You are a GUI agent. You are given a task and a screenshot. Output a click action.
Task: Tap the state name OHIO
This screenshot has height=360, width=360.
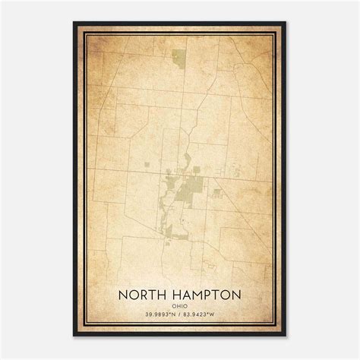pyautogui.click(x=179, y=305)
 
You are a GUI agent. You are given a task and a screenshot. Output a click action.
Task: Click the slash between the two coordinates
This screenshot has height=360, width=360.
pyautogui.click(x=180, y=314)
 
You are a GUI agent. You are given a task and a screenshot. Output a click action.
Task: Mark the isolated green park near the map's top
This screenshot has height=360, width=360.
pyautogui.click(x=178, y=57)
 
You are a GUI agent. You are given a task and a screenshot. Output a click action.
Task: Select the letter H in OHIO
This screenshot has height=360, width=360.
pyautogui.click(x=178, y=305)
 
